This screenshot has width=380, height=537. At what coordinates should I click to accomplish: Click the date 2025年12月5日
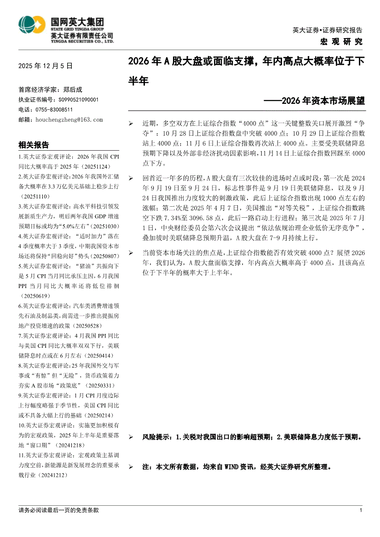[46, 66]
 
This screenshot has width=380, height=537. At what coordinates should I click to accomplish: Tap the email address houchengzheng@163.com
[69, 119]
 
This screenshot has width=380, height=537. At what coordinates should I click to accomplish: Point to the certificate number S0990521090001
[78, 99]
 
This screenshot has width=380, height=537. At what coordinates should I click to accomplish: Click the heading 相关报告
[34, 145]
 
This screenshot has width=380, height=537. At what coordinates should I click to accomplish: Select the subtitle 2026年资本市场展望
[317, 101]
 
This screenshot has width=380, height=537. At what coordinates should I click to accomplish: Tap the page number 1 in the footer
[361, 510]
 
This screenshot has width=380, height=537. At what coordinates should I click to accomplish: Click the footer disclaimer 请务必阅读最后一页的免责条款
[58, 510]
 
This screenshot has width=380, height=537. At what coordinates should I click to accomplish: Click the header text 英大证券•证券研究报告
[327, 30]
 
